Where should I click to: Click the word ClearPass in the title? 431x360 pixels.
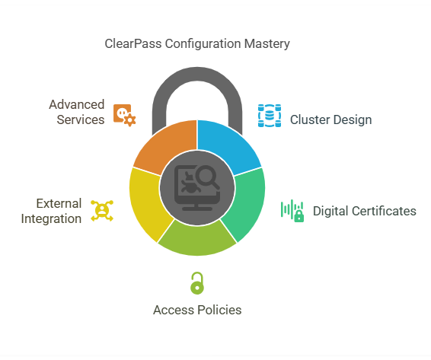pos(133,44)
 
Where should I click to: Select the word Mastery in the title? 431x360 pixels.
pos(267,44)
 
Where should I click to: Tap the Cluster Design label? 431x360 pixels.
pos(331,119)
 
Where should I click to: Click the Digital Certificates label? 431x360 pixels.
pos(365,211)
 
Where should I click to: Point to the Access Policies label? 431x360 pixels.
pos(197,310)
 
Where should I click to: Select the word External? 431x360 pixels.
pos(59,204)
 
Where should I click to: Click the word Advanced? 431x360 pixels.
pos(77,104)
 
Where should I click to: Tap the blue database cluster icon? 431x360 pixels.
pos(270,116)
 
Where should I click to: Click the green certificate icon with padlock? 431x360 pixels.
pos(292,211)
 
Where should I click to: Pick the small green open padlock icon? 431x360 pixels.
pos(197,283)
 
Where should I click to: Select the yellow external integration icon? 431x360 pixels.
pos(102,211)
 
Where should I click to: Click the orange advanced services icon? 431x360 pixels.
pos(125,115)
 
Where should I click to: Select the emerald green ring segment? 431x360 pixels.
pos(246,202)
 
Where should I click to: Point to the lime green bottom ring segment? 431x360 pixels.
pos(197,240)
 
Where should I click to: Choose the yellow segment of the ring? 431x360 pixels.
pos(148,202)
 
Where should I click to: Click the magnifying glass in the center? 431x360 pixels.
pos(208,177)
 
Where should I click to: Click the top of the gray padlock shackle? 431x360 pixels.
pos(197,74)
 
